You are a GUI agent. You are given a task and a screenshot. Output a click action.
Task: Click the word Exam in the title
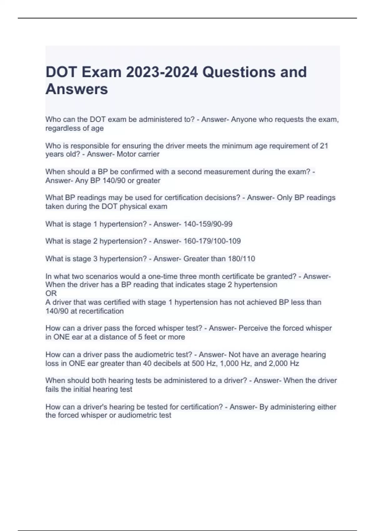pos(102,72)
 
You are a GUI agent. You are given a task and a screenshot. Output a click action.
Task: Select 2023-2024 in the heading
pos(162,72)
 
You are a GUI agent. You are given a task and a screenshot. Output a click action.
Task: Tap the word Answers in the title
pos(77,89)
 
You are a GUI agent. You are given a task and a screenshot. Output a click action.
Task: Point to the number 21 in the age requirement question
pos(324,146)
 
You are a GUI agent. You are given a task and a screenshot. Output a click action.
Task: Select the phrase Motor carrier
pos(138,154)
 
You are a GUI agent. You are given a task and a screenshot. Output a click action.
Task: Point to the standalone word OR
pos(51,293)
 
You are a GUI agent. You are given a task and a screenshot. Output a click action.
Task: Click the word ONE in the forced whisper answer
pos(61,337)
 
